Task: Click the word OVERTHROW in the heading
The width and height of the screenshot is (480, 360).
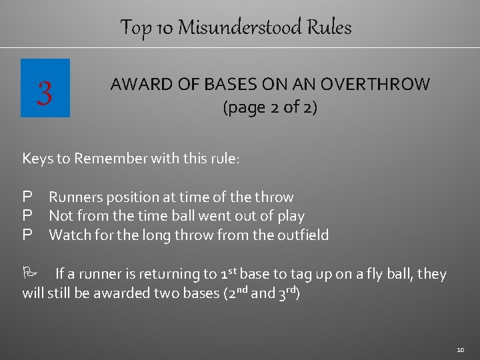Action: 375,85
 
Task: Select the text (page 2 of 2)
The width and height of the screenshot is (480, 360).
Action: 269,107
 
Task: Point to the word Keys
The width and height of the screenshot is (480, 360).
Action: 37,159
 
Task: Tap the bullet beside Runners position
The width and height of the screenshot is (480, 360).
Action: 27,197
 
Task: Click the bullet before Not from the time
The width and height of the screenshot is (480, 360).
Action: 27,216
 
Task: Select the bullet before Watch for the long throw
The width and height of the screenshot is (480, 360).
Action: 27,235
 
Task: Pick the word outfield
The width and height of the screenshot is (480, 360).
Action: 303,235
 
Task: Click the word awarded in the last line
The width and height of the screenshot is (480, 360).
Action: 129,293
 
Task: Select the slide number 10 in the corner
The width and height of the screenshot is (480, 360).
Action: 460,349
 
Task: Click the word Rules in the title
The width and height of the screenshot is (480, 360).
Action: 329,28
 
